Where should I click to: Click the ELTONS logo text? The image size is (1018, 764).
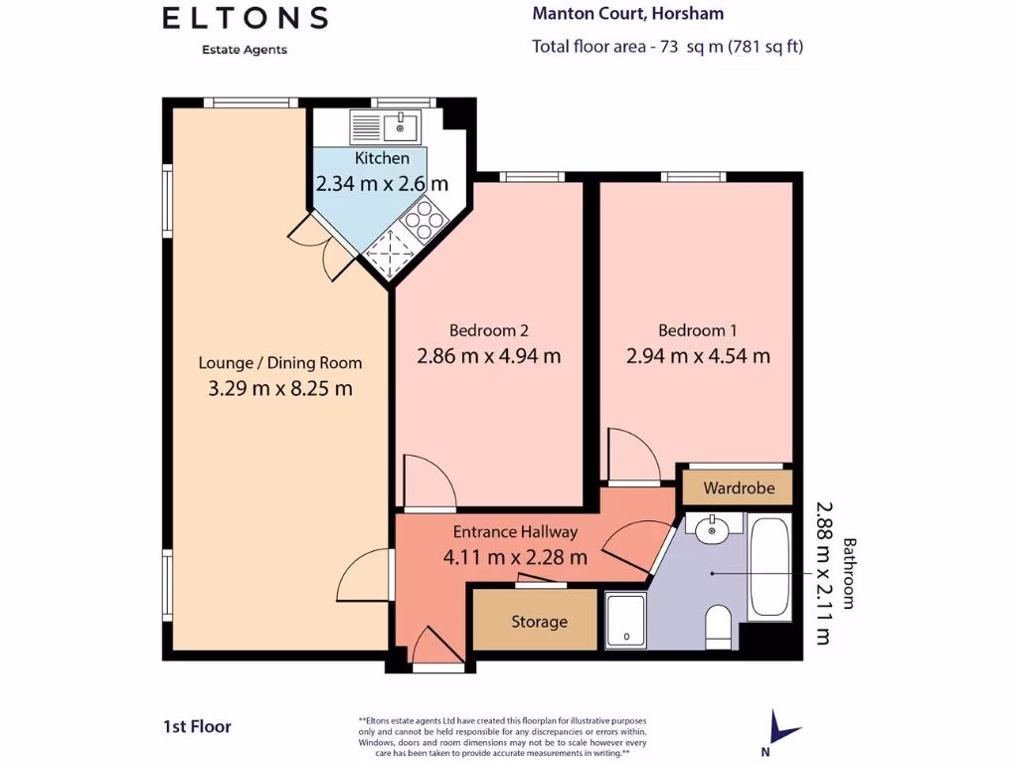pos(245,18)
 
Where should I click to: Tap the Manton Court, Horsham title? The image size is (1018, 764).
pos(628,14)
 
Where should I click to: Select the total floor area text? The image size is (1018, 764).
pos(667,46)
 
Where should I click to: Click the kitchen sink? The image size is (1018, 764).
pos(385,126)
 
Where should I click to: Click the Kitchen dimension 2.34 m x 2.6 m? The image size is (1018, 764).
pos(382,184)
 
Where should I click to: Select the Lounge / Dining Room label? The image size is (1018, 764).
pos(280,363)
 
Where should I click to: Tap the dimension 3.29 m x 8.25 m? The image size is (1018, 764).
pos(280,389)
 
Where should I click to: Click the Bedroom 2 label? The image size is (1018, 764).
pos(488,330)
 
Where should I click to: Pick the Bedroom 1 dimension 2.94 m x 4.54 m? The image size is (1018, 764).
pos(698,356)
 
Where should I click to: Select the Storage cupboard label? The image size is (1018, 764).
pos(539,622)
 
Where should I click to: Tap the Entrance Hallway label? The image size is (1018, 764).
pos(515,532)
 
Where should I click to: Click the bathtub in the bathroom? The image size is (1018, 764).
pos(769,567)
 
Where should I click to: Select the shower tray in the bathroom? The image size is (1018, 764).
pos(624,621)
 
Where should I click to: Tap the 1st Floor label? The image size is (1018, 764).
pos(197,727)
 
